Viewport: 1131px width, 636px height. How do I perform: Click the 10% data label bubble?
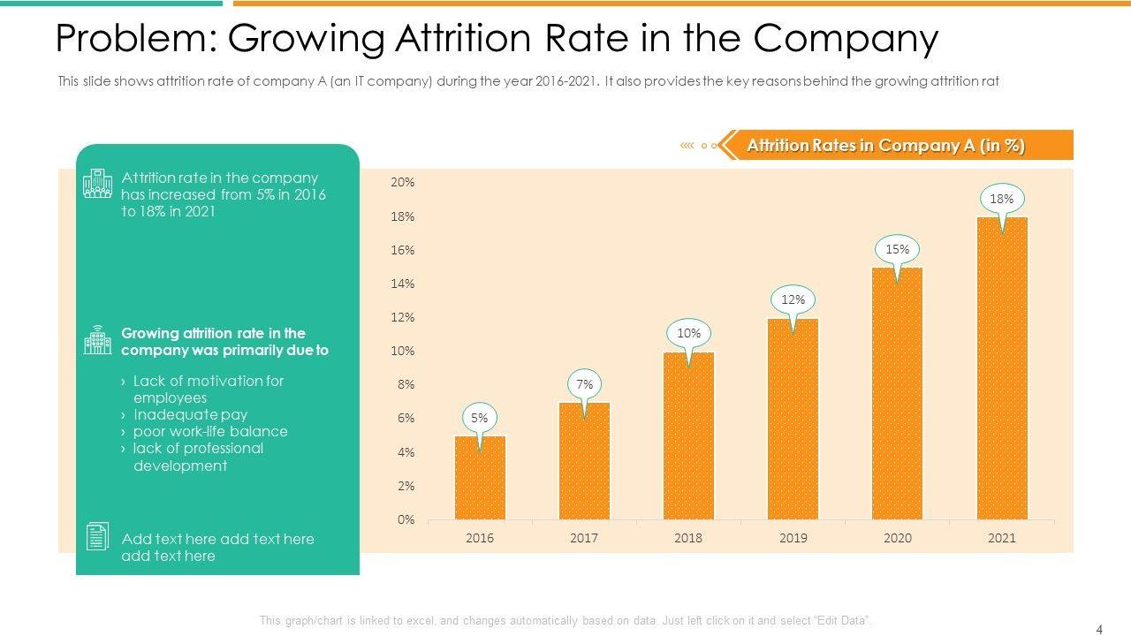click(688, 333)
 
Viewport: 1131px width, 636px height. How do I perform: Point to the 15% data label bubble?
click(897, 249)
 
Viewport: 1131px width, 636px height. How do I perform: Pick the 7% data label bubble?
click(584, 384)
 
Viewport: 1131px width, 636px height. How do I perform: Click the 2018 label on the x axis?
click(688, 538)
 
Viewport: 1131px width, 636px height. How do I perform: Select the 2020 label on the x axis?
click(897, 538)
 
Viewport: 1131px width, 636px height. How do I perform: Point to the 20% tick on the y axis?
click(403, 182)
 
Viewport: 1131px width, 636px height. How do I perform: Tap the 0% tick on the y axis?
click(406, 519)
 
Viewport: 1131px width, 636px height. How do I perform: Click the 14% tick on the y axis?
click(403, 284)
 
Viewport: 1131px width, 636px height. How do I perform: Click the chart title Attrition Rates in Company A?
click(885, 146)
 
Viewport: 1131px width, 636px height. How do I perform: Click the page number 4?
click(1099, 630)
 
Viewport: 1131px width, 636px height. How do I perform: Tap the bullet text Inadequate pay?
click(190, 414)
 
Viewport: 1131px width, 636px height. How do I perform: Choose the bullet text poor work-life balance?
click(210, 431)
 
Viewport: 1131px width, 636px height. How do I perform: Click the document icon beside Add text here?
click(97, 536)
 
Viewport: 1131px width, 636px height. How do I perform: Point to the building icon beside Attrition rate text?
click(97, 183)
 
